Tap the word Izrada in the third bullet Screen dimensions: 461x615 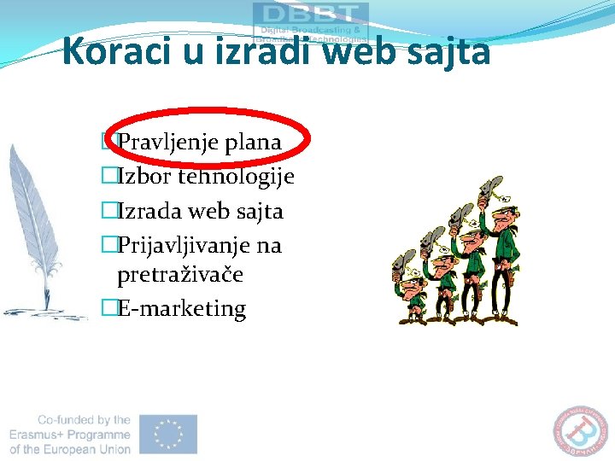point(149,211)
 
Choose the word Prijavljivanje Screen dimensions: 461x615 point(184,246)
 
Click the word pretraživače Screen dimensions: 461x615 point(180,275)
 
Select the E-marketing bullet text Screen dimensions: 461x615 point(181,308)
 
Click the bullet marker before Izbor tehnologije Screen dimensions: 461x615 point(108,177)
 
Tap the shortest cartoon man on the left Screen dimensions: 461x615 point(411,295)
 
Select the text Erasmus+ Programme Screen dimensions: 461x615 point(70,435)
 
